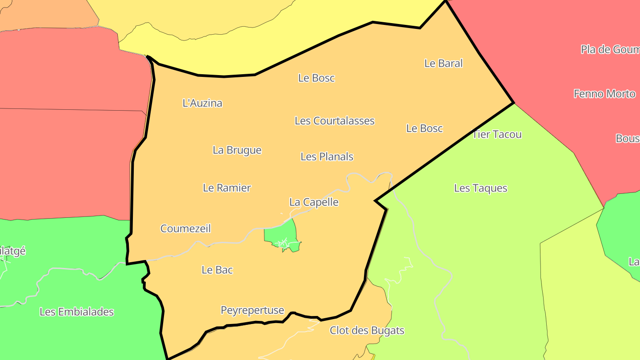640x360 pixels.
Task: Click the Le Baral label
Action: [444, 63]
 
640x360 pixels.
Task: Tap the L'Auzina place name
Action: [202, 103]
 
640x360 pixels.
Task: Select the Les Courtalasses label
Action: [335, 121]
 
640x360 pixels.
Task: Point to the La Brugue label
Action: [237, 150]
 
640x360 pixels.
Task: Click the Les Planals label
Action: [327, 156]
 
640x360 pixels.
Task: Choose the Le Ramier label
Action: [227, 188]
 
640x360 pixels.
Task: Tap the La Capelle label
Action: [314, 202]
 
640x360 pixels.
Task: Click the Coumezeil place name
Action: [185, 228]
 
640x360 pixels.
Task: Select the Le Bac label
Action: [217, 270]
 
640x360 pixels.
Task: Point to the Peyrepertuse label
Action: [252, 310]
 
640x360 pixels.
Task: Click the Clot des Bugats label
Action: [367, 331]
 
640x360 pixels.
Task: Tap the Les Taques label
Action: [480, 188]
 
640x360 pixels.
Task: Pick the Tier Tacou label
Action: [497, 134]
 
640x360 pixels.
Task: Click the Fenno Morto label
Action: [604, 94]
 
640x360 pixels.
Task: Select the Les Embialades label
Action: [76, 312]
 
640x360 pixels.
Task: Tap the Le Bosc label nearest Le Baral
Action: [424, 128]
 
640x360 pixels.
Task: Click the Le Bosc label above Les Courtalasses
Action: [316, 78]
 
